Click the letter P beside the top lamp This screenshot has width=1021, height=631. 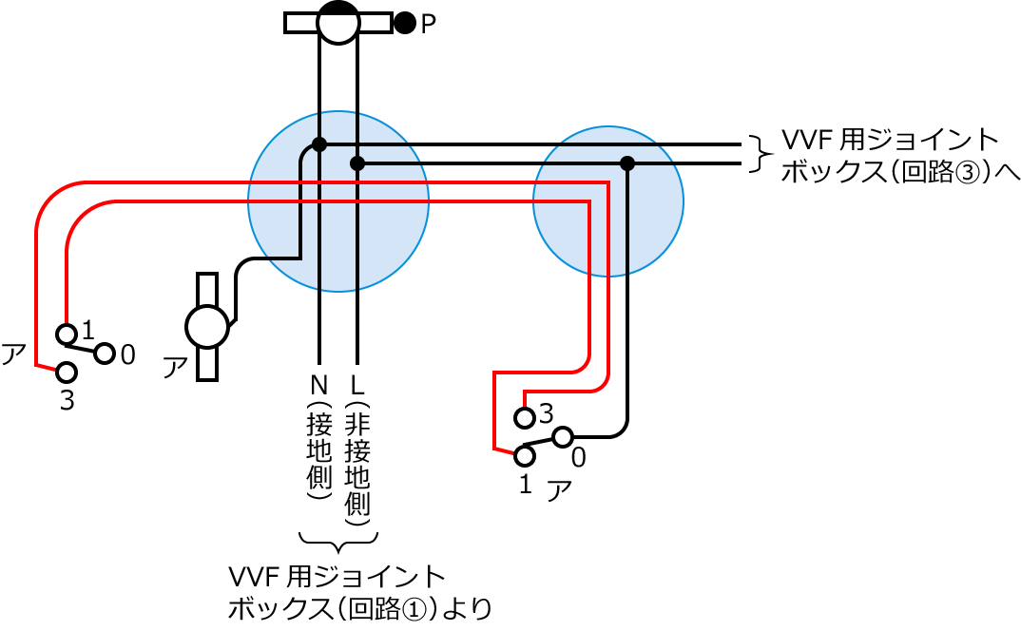(x=428, y=24)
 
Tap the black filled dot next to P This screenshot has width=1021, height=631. (x=405, y=23)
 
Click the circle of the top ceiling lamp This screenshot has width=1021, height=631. (x=337, y=23)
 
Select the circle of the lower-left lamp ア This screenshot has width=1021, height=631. (x=207, y=327)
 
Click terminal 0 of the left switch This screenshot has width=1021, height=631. (x=105, y=354)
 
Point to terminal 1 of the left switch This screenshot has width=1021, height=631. (x=66, y=334)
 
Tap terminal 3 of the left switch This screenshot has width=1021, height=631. (x=66, y=372)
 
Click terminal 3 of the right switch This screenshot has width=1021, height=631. (x=524, y=417)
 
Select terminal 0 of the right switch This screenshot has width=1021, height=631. (x=562, y=437)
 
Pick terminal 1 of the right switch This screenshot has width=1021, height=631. (x=524, y=456)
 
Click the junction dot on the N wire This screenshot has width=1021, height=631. (x=319, y=144)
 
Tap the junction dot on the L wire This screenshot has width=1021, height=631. (x=357, y=163)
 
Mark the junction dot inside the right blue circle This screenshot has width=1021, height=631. (x=626, y=163)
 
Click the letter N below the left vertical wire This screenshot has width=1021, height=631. (x=319, y=386)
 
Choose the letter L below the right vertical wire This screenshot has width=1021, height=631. (x=357, y=386)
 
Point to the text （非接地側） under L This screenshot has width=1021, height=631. (x=357, y=465)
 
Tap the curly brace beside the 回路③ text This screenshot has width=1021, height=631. (x=758, y=154)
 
